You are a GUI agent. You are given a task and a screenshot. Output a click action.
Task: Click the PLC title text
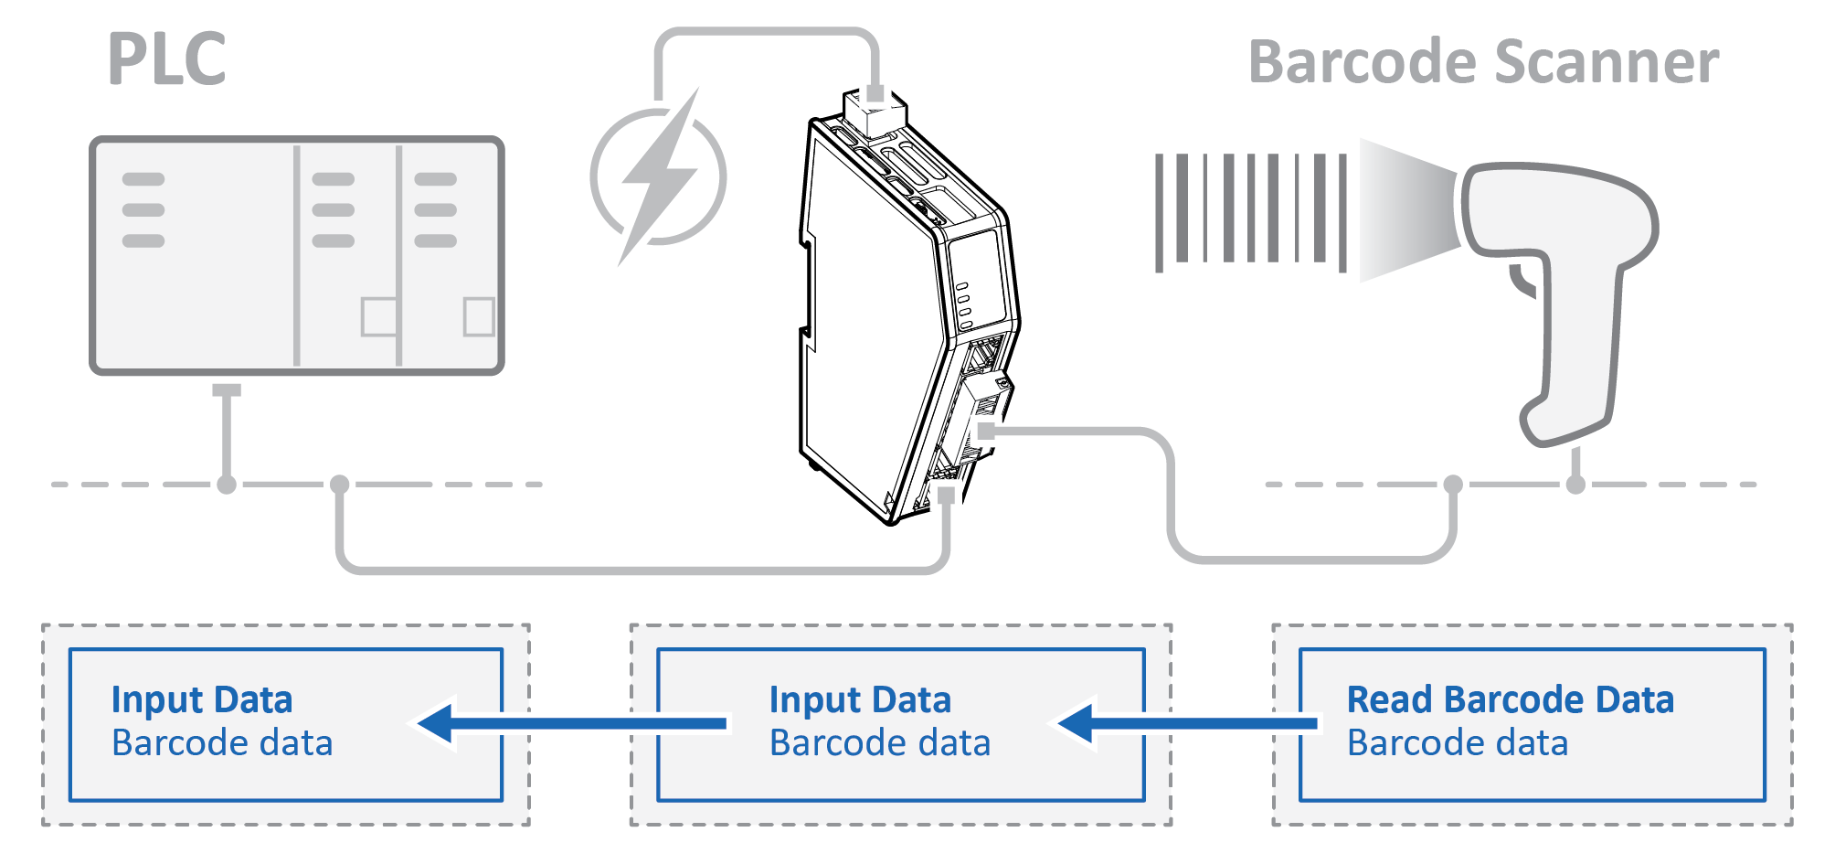167,59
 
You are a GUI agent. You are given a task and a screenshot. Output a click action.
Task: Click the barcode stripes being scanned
1250,211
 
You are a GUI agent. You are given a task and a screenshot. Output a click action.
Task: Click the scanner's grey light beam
1407,210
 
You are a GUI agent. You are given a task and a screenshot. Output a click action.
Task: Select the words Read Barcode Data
1510,700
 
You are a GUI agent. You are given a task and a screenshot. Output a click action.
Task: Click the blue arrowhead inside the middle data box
1078,723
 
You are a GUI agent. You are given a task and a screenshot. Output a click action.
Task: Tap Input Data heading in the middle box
860,700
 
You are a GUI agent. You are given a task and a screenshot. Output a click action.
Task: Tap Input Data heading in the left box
202,700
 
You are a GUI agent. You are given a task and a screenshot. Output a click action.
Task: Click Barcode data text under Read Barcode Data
1457,743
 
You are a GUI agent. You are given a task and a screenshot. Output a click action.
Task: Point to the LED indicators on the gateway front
962,305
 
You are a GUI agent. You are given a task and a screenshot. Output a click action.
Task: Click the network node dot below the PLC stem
227,485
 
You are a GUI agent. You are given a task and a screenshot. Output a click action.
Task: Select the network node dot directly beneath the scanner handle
1575,485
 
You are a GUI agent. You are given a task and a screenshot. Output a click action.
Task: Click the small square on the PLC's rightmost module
479,316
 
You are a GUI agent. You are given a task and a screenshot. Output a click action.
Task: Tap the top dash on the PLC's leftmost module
143,179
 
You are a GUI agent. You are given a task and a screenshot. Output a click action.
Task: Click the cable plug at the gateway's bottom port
946,496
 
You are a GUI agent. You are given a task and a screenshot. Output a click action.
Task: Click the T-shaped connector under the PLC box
227,391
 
